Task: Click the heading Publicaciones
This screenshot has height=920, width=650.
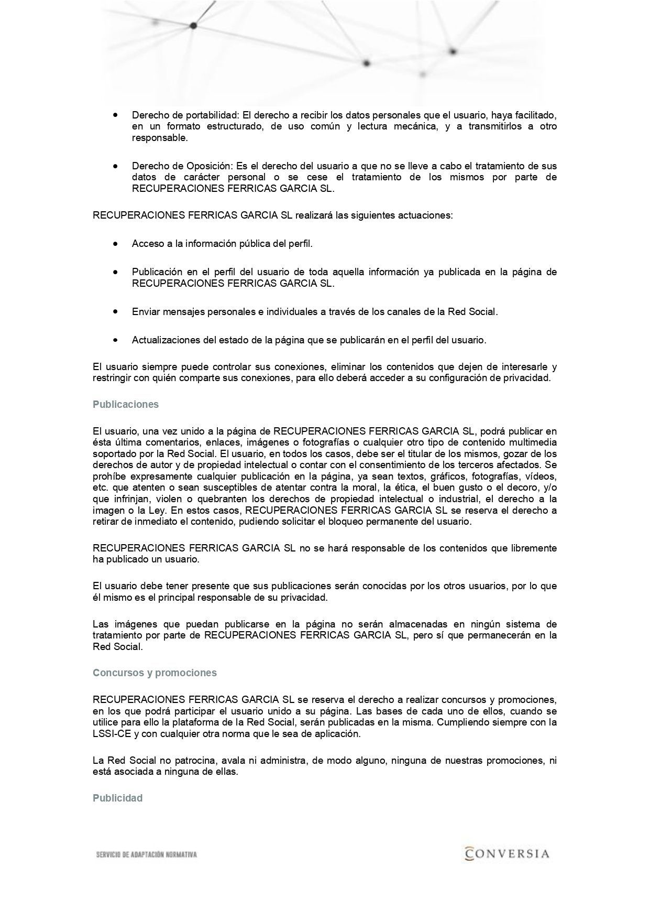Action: (125, 405)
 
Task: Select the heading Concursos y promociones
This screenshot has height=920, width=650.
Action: (155, 673)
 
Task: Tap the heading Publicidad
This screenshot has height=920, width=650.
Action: (117, 798)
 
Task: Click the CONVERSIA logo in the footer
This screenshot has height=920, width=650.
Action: (507, 853)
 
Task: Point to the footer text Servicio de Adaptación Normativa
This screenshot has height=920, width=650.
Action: (147, 855)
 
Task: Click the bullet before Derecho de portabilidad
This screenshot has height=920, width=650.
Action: (115, 114)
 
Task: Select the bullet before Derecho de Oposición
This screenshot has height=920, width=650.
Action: (115, 166)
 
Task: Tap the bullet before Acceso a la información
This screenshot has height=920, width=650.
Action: (115, 244)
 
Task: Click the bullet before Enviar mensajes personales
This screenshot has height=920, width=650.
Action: (115, 311)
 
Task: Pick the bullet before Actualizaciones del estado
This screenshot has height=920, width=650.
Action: (115, 340)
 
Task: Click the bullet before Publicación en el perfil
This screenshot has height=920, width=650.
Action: (115, 272)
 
